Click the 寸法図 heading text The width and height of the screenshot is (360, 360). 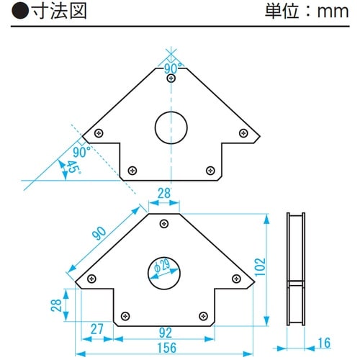coord(42,12)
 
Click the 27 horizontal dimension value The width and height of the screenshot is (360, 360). coord(96,330)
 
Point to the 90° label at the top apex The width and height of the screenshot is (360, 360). coord(171,68)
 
